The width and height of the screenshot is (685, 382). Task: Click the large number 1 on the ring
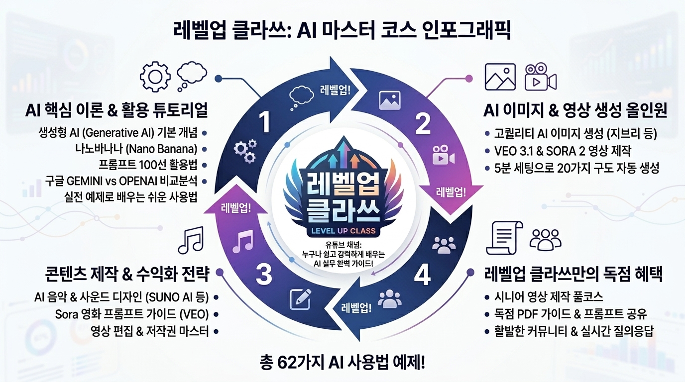(x=265, y=122)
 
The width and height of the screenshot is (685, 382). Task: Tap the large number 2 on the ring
(x=423, y=123)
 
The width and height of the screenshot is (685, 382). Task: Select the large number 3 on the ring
(x=264, y=275)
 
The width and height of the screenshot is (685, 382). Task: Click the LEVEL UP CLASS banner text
(x=343, y=231)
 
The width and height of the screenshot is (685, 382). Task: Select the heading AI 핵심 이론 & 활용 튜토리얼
(x=116, y=110)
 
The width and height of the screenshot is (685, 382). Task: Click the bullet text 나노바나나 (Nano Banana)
(x=136, y=149)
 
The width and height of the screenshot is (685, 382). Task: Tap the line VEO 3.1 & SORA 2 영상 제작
(x=563, y=151)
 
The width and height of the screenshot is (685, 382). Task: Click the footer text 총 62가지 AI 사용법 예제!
(x=342, y=363)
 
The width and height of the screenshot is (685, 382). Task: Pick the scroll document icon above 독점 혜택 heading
(x=504, y=238)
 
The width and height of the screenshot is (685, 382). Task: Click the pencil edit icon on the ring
(x=301, y=299)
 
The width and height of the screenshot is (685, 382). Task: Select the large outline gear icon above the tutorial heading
(x=155, y=77)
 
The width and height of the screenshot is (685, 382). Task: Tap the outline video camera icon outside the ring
(x=541, y=77)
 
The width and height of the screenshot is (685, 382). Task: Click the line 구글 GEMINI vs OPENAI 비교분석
(x=121, y=181)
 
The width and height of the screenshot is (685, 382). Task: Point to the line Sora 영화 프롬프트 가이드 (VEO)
(x=132, y=314)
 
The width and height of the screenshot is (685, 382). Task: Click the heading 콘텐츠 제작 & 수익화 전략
(x=127, y=274)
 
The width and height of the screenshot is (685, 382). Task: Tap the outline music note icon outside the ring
(x=191, y=240)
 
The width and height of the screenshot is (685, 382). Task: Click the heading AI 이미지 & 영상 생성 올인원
(x=575, y=110)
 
